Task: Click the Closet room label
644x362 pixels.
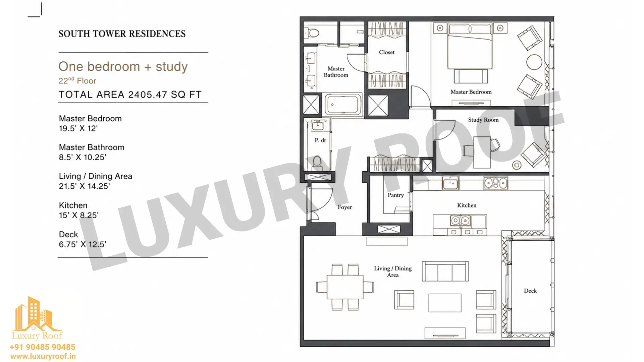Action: coord(387,52)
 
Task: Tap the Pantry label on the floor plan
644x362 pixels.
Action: coord(395,195)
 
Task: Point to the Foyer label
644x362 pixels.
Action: coord(344,207)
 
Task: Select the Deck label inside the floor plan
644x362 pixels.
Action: coord(530,291)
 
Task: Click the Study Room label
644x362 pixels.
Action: coord(483,120)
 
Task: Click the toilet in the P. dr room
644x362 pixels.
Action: coord(317,163)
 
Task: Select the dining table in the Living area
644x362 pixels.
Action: coord(345,287)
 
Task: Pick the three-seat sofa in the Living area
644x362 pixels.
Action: coord(445,271)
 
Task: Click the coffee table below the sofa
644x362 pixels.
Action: coord(445,303)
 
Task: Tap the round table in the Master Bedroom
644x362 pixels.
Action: coord(534,62)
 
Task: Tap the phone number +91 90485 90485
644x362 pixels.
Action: coord(43,347)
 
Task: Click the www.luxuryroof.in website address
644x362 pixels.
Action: coord(43,357)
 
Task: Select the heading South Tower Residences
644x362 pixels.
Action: coord(122,34)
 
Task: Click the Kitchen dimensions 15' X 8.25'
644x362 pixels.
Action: coord(78,215)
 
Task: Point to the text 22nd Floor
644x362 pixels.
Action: coord(77,81)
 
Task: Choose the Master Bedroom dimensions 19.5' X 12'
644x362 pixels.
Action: coord(78,128)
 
